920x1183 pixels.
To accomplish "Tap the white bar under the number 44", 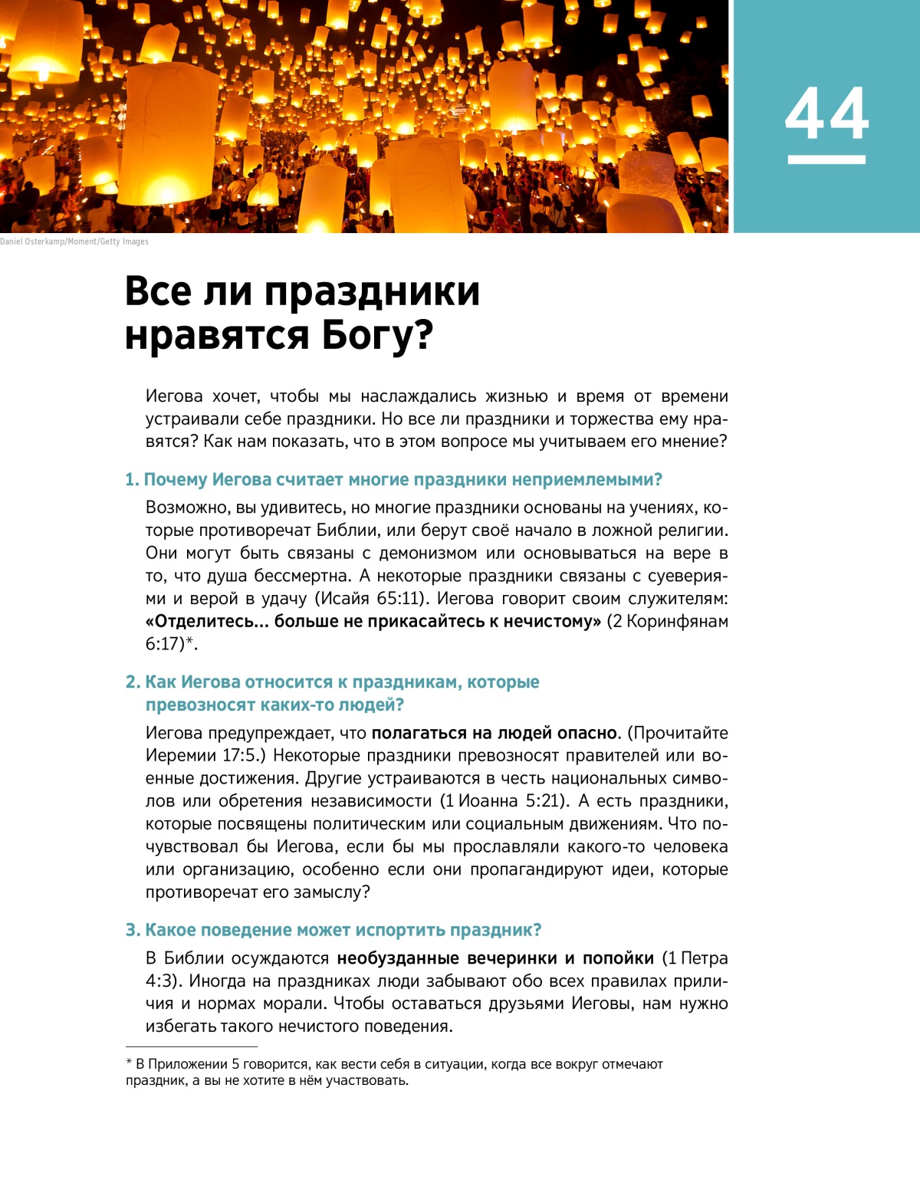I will [x=826, y=159].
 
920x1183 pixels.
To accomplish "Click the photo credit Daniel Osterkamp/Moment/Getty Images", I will [x=74, y=242].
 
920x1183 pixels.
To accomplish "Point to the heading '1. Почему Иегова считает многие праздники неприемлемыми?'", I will [x=393, y=480].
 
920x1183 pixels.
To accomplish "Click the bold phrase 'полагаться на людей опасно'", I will [x=495, y=733].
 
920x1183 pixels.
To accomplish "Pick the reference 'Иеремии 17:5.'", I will [x=205, y=756].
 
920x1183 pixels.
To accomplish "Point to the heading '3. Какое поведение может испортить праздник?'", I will [x=333, y=930].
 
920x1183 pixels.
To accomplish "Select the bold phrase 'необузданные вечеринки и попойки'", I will [x=495, y=958].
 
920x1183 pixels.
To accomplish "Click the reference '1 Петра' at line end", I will [x=698, y=958].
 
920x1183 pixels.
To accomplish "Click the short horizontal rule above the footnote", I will [x=192, y=1047].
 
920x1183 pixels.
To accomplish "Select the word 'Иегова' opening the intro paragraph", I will [x=174, y=396].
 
